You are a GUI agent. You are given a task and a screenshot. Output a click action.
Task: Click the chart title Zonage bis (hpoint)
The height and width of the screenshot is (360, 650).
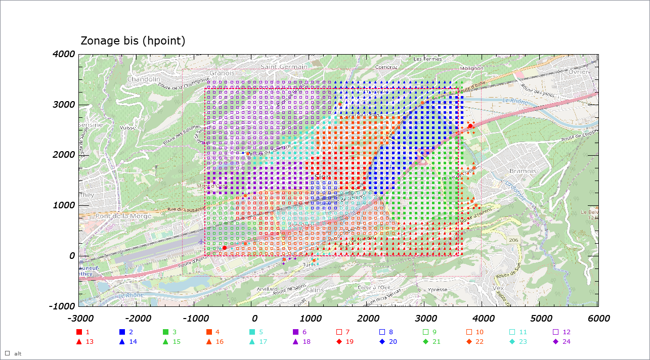(x=133, y=40)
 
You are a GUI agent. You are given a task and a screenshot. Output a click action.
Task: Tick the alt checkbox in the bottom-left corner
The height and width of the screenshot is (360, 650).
(x=8, y=353)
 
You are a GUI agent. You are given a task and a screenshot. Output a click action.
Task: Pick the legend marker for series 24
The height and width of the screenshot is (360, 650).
(x=555, y=342)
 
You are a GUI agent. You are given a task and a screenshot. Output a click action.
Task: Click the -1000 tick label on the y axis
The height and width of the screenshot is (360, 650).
(x=62, y=306)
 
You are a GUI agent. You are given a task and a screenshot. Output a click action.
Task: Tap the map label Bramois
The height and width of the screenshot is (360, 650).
(x=523, y=171)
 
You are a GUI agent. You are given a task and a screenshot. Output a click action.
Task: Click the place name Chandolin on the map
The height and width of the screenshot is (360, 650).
(x=144, y=79)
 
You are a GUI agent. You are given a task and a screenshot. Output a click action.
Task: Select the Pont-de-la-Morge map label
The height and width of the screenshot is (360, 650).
(x=123, y=216)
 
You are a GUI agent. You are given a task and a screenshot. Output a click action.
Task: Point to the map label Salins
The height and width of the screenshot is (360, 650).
(x=315, y=289)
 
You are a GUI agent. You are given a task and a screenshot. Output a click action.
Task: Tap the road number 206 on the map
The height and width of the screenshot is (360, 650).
(x=514, y=240)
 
